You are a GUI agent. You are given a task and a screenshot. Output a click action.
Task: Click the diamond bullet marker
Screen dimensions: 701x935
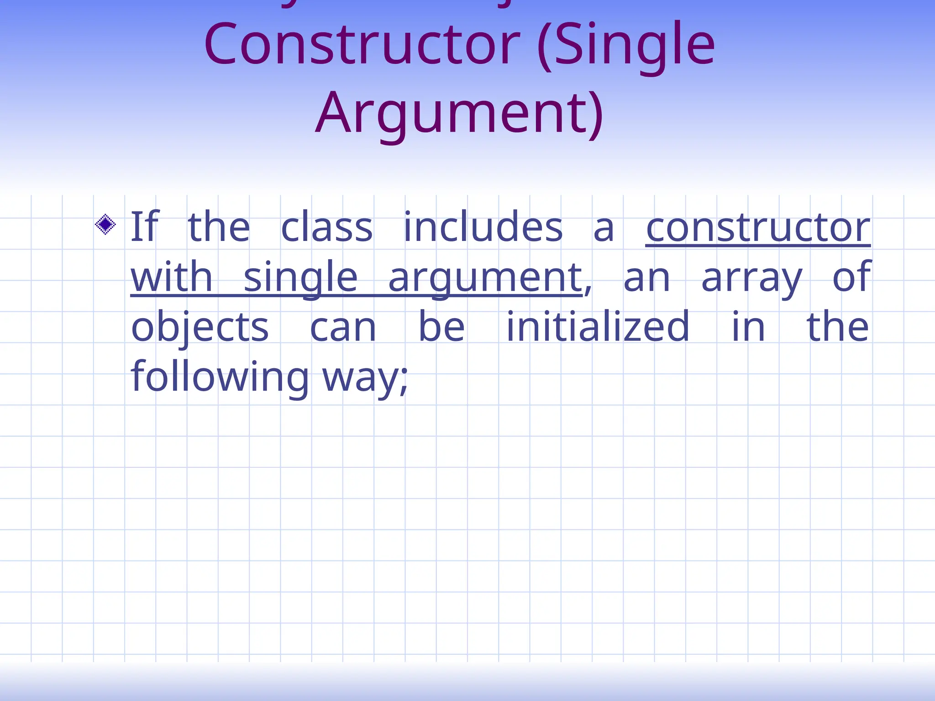click(105, 225)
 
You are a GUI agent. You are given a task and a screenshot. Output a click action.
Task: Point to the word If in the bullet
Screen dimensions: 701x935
click(144, 227)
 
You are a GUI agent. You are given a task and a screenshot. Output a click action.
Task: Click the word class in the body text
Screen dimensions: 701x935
click(326, 227)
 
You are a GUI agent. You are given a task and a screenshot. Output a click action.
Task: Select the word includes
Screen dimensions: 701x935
click(483, 227)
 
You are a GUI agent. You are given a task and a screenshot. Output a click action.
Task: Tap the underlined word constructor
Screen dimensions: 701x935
click(758, 227)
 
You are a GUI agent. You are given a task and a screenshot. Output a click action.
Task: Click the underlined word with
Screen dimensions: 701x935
click(172, 277)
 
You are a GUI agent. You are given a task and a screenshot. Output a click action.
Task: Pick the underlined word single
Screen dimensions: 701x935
click(300, 277)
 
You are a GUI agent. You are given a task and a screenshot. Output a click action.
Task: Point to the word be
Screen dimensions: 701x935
click(441, 327)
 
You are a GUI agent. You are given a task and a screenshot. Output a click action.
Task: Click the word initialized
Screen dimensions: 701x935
click(598, 327)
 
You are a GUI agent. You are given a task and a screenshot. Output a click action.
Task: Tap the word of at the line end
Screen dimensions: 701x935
click(851, 277)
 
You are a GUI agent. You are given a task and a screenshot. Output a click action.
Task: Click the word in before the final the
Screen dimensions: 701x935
click(748, 327)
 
